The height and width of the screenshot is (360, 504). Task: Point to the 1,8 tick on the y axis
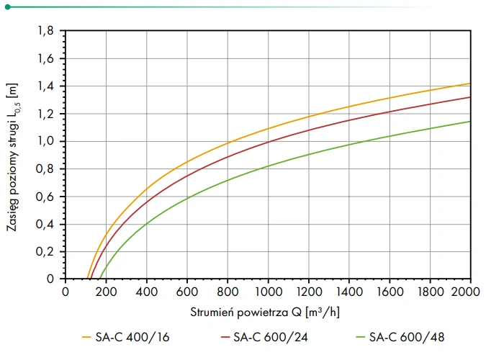tap(46, 31)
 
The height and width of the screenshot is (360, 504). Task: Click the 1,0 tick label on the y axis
tap(46, 141)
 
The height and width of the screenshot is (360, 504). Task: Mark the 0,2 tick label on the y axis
tap(46, 251)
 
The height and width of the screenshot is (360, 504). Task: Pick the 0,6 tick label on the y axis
tap(46, 197)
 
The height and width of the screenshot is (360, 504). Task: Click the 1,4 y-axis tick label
tap(46, 86)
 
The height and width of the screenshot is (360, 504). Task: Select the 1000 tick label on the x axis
tap(268, 292)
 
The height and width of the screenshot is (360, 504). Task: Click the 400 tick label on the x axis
tap(146, 292)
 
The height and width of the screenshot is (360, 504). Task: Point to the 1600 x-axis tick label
tap(390, 292)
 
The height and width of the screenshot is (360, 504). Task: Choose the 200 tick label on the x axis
tap(106, 292)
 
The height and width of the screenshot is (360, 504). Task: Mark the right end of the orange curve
tap(470, 84)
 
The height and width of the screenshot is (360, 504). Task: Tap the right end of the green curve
tap(470, 121)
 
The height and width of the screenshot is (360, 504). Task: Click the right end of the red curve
tap(470, 97)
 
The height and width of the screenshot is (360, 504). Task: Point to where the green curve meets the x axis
tap(100, 279)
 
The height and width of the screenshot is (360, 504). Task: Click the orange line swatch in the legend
tap(88, 336)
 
